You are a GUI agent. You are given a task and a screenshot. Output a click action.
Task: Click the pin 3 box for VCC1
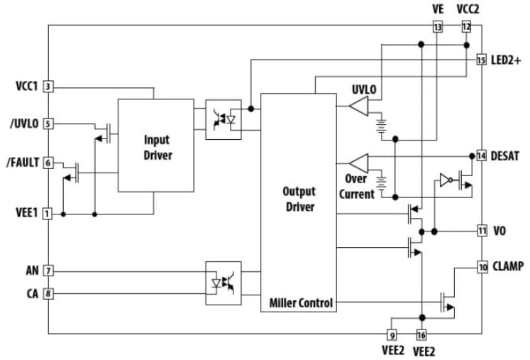tap(48, 87)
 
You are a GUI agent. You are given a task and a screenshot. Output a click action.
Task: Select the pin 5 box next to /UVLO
tap(48, 124)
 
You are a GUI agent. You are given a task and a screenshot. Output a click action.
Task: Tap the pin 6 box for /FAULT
tap(48, 163)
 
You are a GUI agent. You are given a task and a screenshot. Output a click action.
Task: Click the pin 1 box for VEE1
tap(48, 213)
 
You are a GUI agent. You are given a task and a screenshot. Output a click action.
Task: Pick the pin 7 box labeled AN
tap(48, 271)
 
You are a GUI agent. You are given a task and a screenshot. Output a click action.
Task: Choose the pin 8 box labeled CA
tap(48, 292)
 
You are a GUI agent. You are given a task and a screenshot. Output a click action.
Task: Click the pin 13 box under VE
tap(437, 26)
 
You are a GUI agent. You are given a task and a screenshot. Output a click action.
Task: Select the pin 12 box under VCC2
tap(466, 26)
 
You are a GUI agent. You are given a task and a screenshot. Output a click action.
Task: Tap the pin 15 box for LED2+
tap(481, 60)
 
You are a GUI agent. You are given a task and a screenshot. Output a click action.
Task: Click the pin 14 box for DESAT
tap(481, 156)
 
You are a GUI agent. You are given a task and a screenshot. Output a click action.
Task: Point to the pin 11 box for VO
tap(481, 231)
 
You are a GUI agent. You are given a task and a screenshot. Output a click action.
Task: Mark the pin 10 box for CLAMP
tap(481, 267)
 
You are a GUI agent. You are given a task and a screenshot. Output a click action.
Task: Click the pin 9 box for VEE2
tap(392, 334)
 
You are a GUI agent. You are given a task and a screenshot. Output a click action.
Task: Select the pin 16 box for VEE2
tap(421, 334)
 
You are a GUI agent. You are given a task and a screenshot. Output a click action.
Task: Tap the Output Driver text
tap(299, 199)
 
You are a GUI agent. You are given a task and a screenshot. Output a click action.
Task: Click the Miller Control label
tap(301, 303)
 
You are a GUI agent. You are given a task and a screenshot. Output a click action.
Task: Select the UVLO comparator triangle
tap(359, 107)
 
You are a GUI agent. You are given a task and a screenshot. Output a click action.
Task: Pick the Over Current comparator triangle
tap(360, 161)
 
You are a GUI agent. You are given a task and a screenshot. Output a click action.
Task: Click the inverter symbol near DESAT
tap(445, 180)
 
